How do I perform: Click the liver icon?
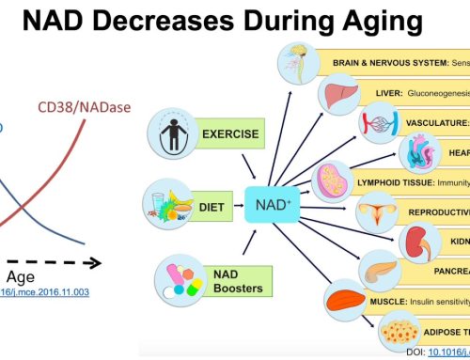click(335, 94)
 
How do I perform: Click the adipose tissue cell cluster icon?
click(402, 332)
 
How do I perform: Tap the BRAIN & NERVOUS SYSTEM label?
click(389, 63)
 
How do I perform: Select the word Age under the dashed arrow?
click(22, 277)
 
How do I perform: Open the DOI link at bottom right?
click(448, 352)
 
